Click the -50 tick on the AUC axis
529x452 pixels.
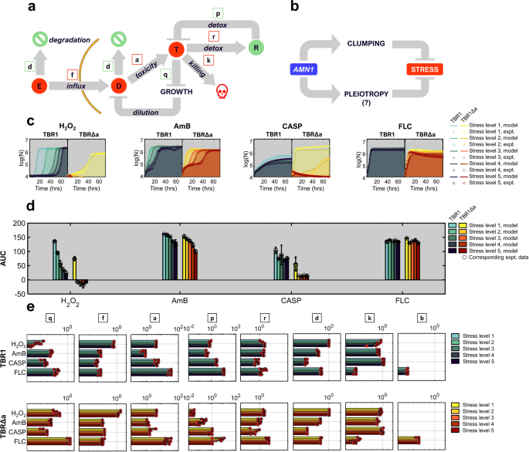[17, 295]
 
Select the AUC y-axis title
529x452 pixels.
[5, 257]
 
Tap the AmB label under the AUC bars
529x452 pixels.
[181, 302]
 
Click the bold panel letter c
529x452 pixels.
[29, 121]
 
